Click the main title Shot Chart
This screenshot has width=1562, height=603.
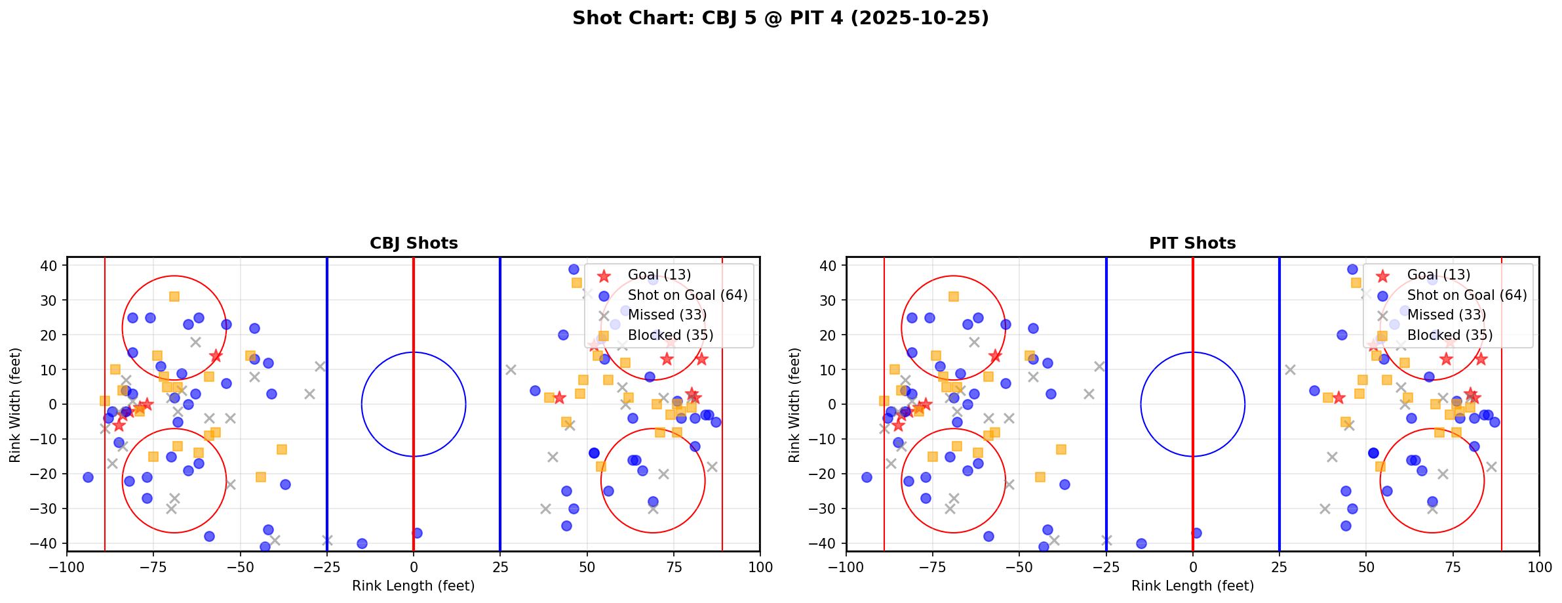click(x=780, y=18)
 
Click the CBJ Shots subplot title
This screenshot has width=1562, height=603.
click(x=414, y=243)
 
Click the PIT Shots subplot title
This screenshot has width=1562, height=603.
click(x=1192, y=243)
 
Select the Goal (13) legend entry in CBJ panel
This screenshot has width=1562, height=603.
click(x=659, y=275)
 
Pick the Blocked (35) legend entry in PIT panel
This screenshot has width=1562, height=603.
click(x=1449, y=335)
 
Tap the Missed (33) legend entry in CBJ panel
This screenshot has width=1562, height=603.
click(x=667, y=315)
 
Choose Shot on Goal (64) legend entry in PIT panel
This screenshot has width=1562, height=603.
click(x=1466, y=295)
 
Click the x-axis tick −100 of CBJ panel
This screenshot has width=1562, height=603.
click(x=67, y=566)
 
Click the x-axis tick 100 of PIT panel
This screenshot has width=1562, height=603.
click(x=1539, y=566)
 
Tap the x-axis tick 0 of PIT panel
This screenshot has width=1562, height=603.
click(x=1192, y=566)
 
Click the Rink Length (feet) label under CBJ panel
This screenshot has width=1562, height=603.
click(x=414, y=586)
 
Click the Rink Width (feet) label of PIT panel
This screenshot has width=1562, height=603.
click(x=794, y=405)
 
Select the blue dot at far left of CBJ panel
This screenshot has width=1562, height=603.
click(x=88, y=477)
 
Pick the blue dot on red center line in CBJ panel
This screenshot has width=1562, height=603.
click(x=417, y=533)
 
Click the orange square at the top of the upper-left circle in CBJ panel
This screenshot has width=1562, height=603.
click(x=174, y=297)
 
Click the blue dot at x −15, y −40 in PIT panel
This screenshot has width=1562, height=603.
click(x=1141, y=543)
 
